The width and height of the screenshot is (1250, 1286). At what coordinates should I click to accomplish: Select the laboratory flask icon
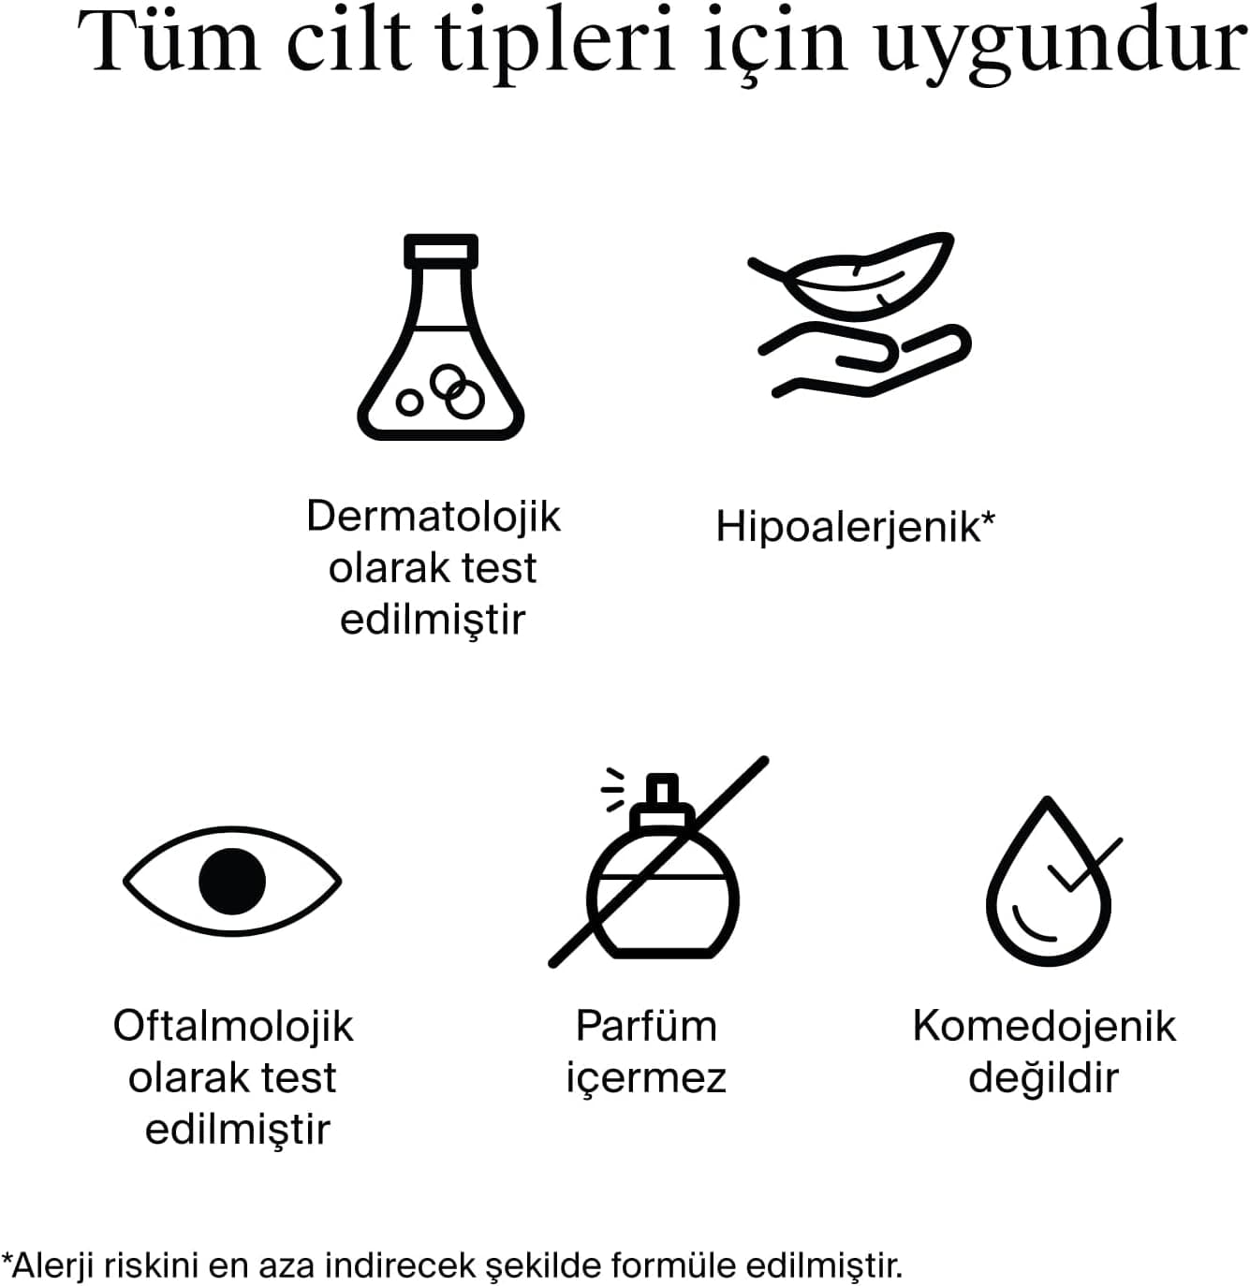[x=440, y=337]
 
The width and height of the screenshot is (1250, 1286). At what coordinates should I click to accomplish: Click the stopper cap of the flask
[x=441, y=251]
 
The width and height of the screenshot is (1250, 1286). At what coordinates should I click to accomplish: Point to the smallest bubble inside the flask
[x=410, y=402]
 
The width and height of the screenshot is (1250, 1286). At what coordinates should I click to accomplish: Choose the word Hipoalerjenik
[x=848, y=528]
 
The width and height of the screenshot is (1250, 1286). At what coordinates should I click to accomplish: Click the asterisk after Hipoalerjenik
[x=988, y=518]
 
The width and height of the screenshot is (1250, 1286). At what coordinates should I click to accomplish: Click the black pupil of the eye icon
[x=232, y=881]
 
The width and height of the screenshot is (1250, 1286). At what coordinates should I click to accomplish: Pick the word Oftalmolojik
[x=233, y=1028]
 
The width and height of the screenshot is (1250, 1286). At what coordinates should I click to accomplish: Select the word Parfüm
[x=646, y=1027]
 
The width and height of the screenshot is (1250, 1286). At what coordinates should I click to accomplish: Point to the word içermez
[x=646, y=1079]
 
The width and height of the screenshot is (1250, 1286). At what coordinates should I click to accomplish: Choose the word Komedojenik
[x=1044, y=1028]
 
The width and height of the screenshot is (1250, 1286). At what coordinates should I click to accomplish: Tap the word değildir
[x=1043, y=1079]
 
